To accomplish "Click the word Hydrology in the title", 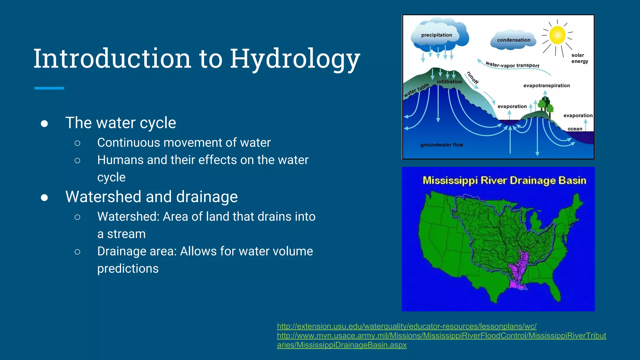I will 295,59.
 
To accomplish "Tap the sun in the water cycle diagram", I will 557,35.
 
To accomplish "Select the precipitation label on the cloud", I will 437,35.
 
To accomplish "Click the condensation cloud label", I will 513,40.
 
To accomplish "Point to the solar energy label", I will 580,58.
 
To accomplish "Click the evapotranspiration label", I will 547,86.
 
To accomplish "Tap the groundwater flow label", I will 442,145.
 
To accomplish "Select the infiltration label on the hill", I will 449,82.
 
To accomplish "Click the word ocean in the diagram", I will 575,129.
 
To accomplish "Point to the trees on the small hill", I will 546,105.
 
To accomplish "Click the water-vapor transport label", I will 512,65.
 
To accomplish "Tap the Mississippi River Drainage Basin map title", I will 504,181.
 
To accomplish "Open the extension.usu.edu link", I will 407,326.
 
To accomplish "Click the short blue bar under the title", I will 49,88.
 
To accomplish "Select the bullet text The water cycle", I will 121,122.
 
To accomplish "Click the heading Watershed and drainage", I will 152,197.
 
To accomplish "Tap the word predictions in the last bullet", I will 128,268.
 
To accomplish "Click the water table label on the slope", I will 416,90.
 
